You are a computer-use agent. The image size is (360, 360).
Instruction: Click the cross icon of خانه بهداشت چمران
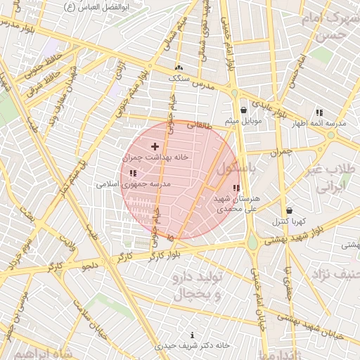pyautogui.click(x=155, y=146)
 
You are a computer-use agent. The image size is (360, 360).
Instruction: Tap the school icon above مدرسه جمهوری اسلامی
pyautogui.click(x=133, y=173)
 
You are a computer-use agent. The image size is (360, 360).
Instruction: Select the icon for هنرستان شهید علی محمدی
pyautogui.click(x=236, y=188)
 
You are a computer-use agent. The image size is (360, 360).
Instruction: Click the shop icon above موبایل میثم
pyautogui.click(x=243, y=110)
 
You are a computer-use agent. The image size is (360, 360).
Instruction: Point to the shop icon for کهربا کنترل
pyautogui.click(x=290, y=210)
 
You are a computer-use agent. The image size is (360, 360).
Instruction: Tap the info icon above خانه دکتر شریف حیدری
pyautogui.click(x=193, y=335)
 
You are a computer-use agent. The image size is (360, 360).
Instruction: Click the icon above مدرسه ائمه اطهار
pyautogui.click(x=319, y=112)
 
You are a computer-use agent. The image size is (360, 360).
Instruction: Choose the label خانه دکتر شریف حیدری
pyautogui.click(x=192, y=346)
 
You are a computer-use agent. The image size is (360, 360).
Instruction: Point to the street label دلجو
pyautogui.click(x=91, y=266)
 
